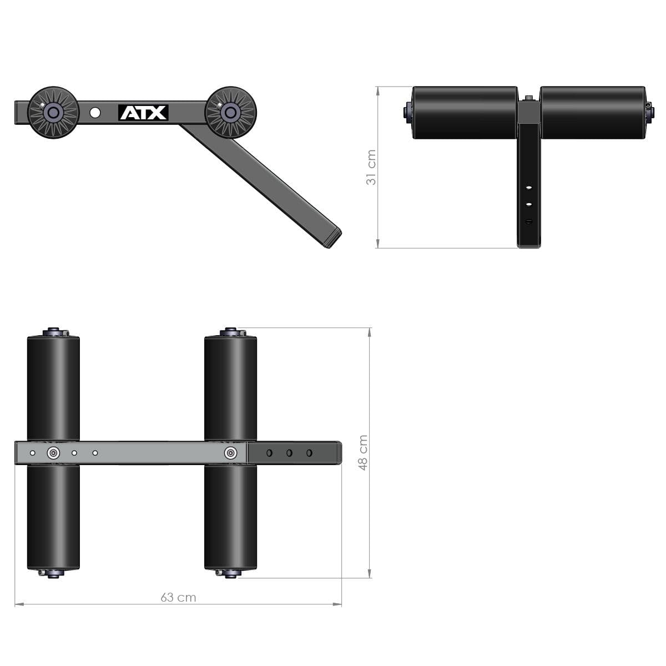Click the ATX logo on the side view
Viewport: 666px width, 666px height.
pyautogui.click(x=143, y=113)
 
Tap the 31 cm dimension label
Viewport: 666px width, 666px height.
pyautogui.click(x=371, y=167)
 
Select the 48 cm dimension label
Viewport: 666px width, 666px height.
pyautogui.click(x=363, y=452)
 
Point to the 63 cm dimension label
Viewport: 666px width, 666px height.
pyautogui.click(x=178, y=597)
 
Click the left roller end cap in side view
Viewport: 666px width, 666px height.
pyautogui.click(x=53, y=113)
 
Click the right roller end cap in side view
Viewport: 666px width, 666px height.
pyautogui.click(x=230, y=113)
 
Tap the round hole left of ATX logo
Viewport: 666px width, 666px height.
pyautogui.click(x=95, y=113)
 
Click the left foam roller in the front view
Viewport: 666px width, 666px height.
pyautogui.click(x=465, y=113)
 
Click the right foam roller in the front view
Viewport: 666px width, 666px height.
pyautogui.click(x=592, y=113)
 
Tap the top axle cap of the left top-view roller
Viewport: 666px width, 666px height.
pyautogui.click(x=54, y=332)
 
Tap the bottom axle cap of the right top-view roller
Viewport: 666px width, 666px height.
pyautogui.click(x=230, y=573)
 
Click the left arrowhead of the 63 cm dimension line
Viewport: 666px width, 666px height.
pyautogui.click(x=17, y=604)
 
